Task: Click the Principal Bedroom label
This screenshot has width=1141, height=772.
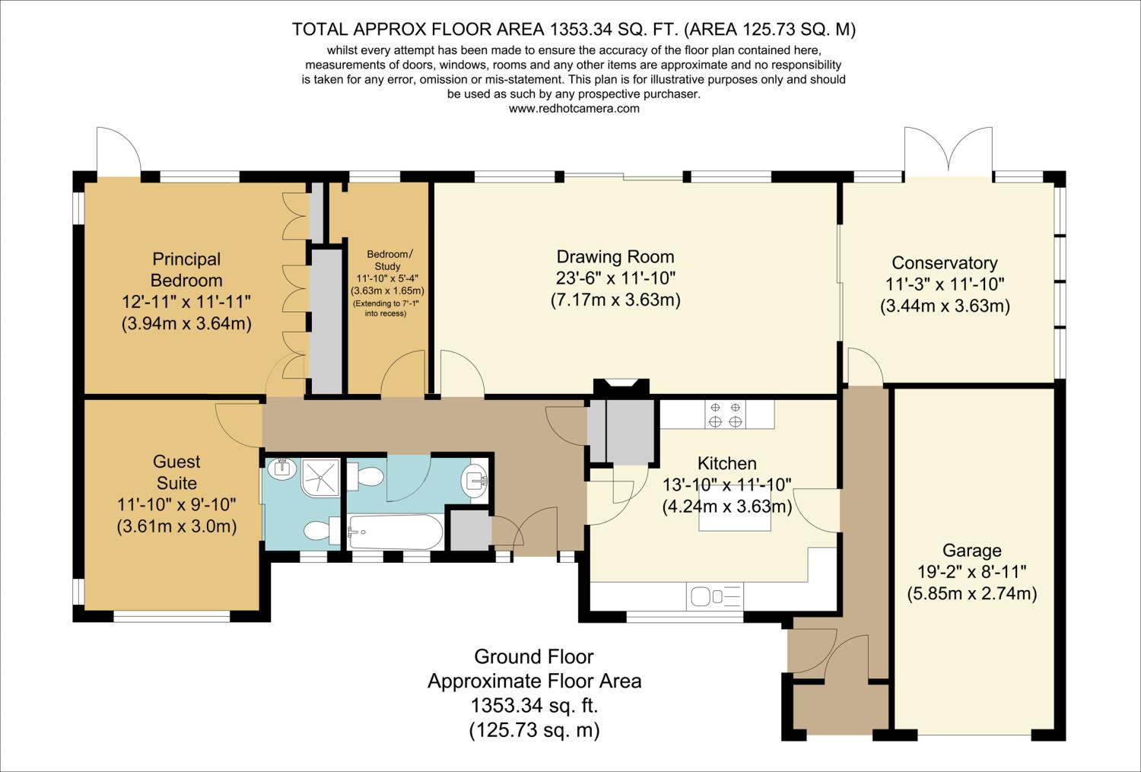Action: [186, 269]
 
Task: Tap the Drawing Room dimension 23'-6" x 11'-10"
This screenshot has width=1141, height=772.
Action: [615, 278]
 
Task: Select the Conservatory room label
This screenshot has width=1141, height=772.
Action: [945, 262]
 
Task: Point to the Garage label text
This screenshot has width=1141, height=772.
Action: [972, 550]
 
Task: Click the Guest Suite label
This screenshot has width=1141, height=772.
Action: [176, 472]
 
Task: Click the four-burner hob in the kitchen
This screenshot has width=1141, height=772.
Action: [725, 415]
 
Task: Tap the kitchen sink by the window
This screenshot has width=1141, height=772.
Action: [715, 596]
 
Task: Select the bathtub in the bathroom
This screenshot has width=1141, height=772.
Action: [396, 532]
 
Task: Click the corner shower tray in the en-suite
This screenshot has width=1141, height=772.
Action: [320, 477]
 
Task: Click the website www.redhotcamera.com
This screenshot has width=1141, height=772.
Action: [574, 109]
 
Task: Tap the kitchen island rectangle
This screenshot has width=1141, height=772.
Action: [734, 508]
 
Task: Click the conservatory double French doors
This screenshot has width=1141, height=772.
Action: [949, 151]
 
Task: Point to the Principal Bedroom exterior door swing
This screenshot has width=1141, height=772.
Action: [118, 150]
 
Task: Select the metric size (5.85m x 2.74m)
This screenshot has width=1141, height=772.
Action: [972, 594]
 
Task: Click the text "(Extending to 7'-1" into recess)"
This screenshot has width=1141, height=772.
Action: [386, 308]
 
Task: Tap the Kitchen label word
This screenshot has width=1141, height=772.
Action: [727, 463]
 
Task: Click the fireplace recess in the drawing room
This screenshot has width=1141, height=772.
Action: [621, 387]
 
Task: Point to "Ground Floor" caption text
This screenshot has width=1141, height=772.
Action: [534, 657]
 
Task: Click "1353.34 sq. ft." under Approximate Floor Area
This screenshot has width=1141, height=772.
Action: [534, 706]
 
